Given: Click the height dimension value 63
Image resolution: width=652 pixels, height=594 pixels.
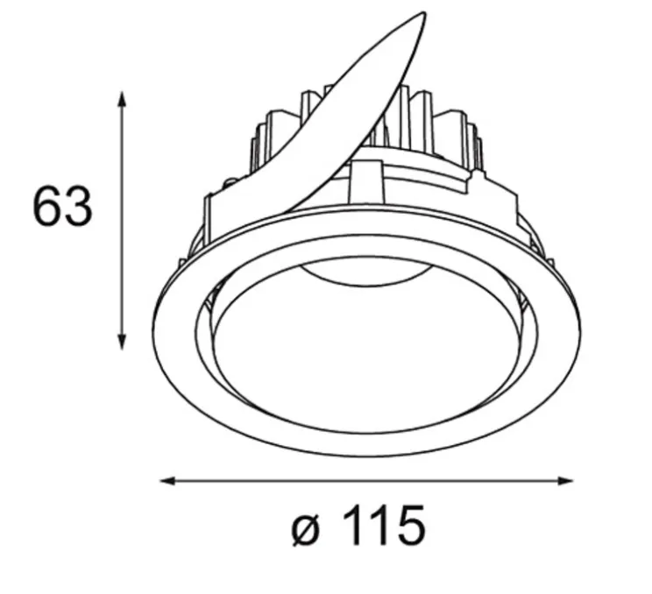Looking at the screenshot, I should [62, 208].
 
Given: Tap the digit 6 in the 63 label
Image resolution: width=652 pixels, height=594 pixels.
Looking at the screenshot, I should [47, 208].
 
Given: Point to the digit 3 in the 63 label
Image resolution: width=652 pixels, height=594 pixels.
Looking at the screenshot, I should [77, 208].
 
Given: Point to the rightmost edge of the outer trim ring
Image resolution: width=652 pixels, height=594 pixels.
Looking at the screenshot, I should [579, 329].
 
